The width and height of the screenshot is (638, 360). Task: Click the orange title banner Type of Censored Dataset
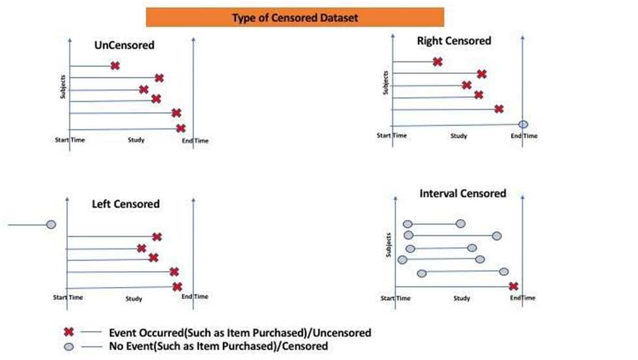pos(295,18)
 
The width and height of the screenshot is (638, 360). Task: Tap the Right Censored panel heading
pos(454,41)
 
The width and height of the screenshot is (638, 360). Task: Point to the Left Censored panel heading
pos(126,204)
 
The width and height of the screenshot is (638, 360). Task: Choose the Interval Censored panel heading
pos(463,194)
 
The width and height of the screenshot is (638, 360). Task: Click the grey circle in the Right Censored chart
pos(523,124)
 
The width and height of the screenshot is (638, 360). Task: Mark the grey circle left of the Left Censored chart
pos(51,224)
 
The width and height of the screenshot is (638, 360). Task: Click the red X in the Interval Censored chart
pos(514,286)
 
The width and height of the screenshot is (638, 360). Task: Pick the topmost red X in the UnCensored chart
pos(115,65)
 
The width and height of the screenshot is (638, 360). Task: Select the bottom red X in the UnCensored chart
pos(181,128)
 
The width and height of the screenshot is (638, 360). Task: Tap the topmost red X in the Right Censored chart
pos(437,61)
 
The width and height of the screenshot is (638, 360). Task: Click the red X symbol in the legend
pos(68,332)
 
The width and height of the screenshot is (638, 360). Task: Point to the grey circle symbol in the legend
pos(68,346)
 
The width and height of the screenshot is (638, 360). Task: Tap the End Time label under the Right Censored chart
pos(524,136)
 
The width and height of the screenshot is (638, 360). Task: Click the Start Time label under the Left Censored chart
pos(68,297)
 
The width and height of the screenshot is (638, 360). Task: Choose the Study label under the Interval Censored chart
pos(461,298)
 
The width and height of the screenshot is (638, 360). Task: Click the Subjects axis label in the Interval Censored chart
pos(389,245)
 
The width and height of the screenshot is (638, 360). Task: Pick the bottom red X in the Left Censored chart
pos(177,286)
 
